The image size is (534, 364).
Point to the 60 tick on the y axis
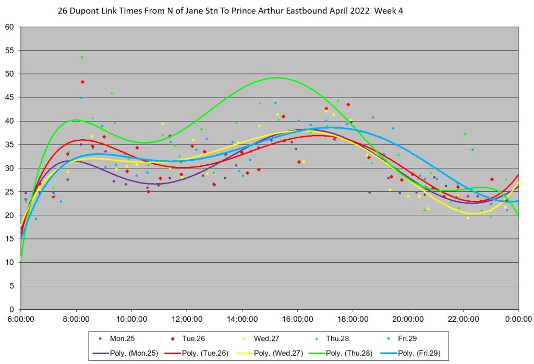(10, 27)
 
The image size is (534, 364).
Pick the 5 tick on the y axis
(13, 286)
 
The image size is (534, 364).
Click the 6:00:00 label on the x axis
(21, 318)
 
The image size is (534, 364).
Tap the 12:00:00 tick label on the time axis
(187, 318)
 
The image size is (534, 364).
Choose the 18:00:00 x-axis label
(353, 318)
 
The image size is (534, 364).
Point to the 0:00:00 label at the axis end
(518, 318)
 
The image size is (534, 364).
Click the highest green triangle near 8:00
(82, 57)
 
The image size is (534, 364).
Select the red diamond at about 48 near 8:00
(82, 82)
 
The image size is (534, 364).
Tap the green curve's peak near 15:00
(277, 78)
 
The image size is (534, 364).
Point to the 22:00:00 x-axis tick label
(463, 318)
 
